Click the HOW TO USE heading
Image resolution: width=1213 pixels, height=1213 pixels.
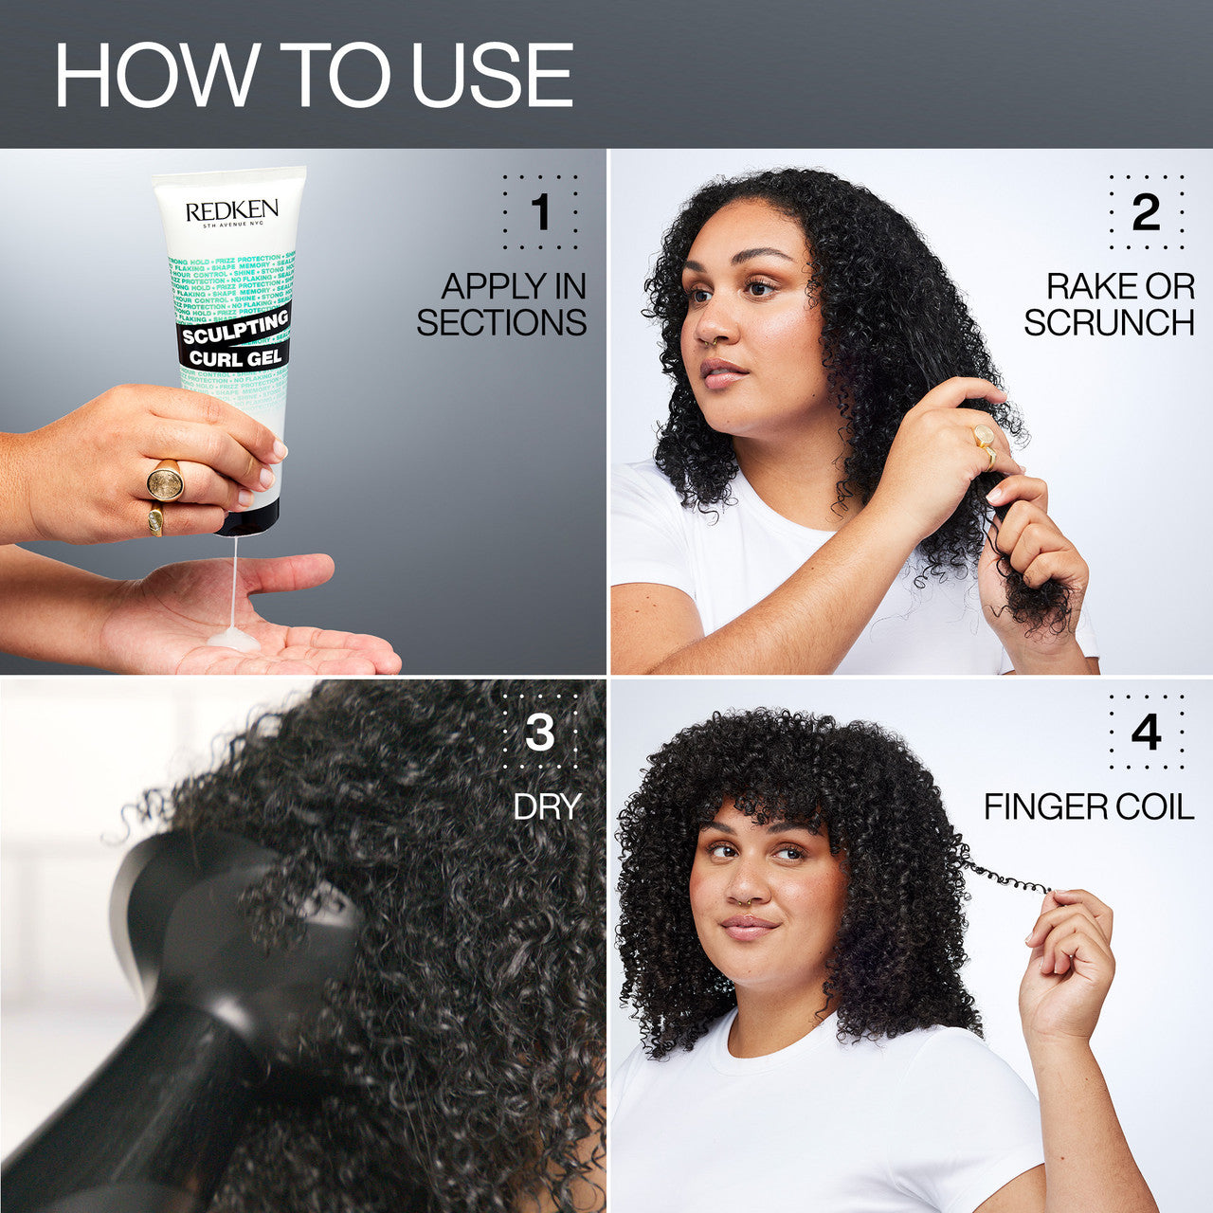pos(314,75)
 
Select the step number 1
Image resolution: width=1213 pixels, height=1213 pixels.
pos(540,212)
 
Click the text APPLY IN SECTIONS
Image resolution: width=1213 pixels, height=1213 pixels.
pos(502,304)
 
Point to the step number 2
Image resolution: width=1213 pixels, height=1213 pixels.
pos(1146,212)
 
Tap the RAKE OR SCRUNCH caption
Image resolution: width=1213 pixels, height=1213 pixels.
pos(1109,304)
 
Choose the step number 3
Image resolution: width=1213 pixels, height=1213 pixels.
pos(539,733)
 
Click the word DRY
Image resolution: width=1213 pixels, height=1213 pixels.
pos(547,806)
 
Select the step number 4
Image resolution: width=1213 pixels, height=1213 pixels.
pos(1146,733)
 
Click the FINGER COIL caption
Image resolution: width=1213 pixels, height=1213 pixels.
pos(1088,806)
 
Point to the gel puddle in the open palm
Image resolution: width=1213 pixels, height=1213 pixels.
pos(233,640)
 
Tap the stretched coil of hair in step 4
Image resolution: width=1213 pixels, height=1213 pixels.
pos(1009,878)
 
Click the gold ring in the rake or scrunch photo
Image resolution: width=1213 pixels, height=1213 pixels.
pos(984,437)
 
